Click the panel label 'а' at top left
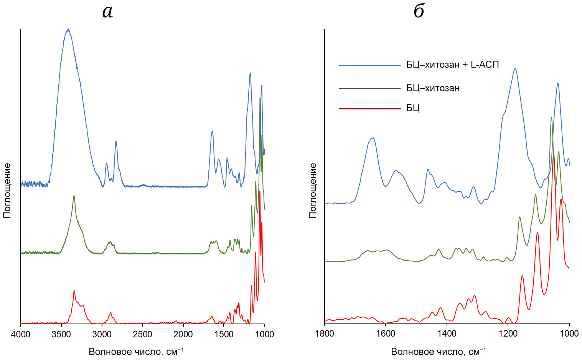[107, 12]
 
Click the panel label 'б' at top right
[419, 11]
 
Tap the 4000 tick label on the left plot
[21, 334]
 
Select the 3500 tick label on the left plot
[61, 334]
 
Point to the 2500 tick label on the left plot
[143, 334]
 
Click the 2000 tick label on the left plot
[183, 334]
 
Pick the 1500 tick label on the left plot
[224, 334]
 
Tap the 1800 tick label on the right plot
[325, 334]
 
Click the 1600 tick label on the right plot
[386, 334]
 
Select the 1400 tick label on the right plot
[447, 334]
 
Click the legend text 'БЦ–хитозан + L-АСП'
[453, 65]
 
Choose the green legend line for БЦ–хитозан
[369, 88]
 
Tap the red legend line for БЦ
[369, 109]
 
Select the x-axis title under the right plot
[439, 352]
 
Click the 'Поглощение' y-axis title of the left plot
[7, 190]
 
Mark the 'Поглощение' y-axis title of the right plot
[313, 190]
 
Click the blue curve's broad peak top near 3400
[68, 30]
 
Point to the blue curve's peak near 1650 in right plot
[372, 138]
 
